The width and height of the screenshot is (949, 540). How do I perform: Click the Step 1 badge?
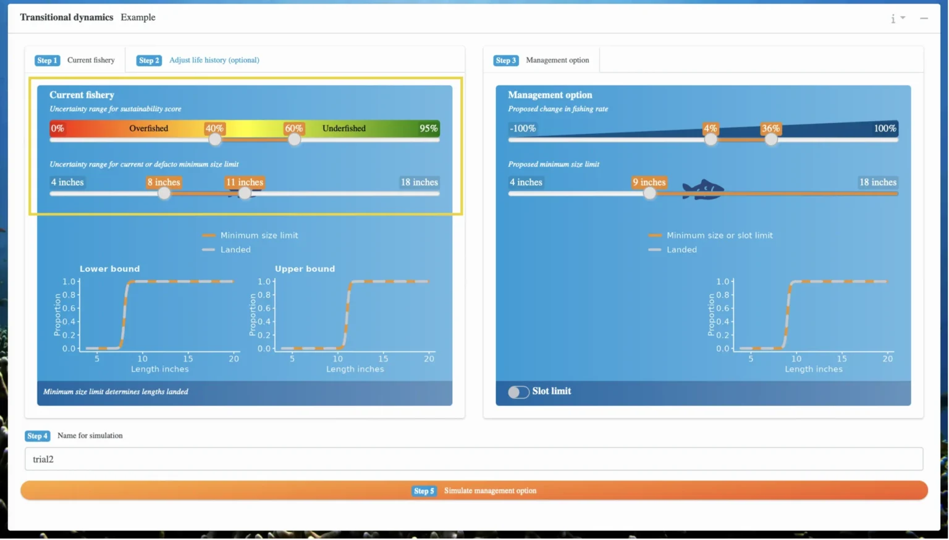pos(47,60)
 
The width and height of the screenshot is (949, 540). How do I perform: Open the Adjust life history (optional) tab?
pos(214,60)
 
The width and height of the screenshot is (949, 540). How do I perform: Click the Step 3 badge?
pos(505,60)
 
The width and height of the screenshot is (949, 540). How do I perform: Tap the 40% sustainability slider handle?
pos(215,140)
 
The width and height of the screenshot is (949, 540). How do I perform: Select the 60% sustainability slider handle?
pos(294,140)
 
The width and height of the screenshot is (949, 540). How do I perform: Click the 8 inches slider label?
pos(164,182)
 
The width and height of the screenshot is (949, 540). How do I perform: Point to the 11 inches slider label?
pos(245,182)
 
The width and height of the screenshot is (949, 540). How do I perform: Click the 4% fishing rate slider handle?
pos(711,140)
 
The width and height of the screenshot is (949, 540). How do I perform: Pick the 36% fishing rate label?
pos(770,129)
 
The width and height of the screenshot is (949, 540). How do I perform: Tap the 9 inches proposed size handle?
pos(649,193)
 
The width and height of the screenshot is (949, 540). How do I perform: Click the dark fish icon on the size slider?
pos(703,189)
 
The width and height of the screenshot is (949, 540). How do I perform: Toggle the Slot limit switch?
pos(518,392)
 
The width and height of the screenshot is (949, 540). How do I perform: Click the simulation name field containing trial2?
pos(474,459)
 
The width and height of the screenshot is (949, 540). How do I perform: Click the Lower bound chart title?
pos(110,269)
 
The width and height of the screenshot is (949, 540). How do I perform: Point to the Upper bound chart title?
pos(305,269)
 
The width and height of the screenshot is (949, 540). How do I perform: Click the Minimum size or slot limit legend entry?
pos(711,235)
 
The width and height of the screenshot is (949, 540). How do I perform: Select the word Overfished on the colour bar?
pos(149,129)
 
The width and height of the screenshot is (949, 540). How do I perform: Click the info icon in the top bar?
pos(893,19)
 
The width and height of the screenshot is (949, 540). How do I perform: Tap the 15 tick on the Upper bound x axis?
pos(383,359)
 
